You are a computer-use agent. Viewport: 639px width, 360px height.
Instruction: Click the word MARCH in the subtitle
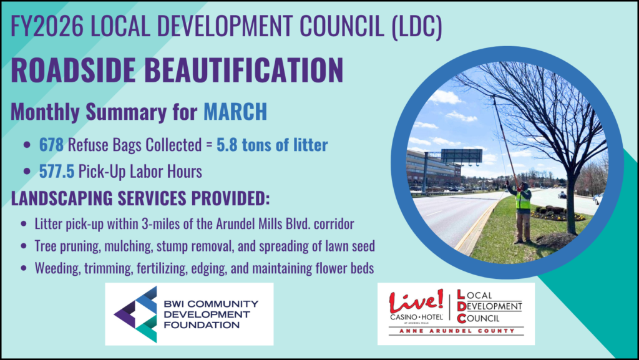click(235, 112)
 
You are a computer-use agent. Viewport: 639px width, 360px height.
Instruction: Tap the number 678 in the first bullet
click(51, 145)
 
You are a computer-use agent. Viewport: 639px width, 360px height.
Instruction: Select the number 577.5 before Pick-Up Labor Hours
click(57, 172)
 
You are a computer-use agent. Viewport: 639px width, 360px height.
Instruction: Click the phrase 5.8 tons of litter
click(272, 145)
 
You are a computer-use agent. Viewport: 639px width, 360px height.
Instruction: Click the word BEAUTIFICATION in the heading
click(244, 70)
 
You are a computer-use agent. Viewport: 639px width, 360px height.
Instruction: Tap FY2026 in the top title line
click(47, 26)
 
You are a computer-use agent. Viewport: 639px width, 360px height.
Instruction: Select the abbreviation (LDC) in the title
click(417, 26)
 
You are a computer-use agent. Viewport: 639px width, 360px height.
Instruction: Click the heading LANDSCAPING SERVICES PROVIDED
click(140, 198)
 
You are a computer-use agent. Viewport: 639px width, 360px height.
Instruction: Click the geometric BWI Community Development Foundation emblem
click(135, 314)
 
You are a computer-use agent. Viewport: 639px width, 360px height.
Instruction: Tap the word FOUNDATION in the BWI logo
click(202, 325)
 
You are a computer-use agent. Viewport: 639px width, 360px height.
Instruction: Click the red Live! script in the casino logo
click(416, 301)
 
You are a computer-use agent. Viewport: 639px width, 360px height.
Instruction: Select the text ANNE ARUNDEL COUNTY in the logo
click(456, 331)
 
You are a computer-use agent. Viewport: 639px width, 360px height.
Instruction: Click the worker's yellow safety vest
click(523, 200)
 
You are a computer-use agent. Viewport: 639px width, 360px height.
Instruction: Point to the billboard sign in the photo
click(461, 156)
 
